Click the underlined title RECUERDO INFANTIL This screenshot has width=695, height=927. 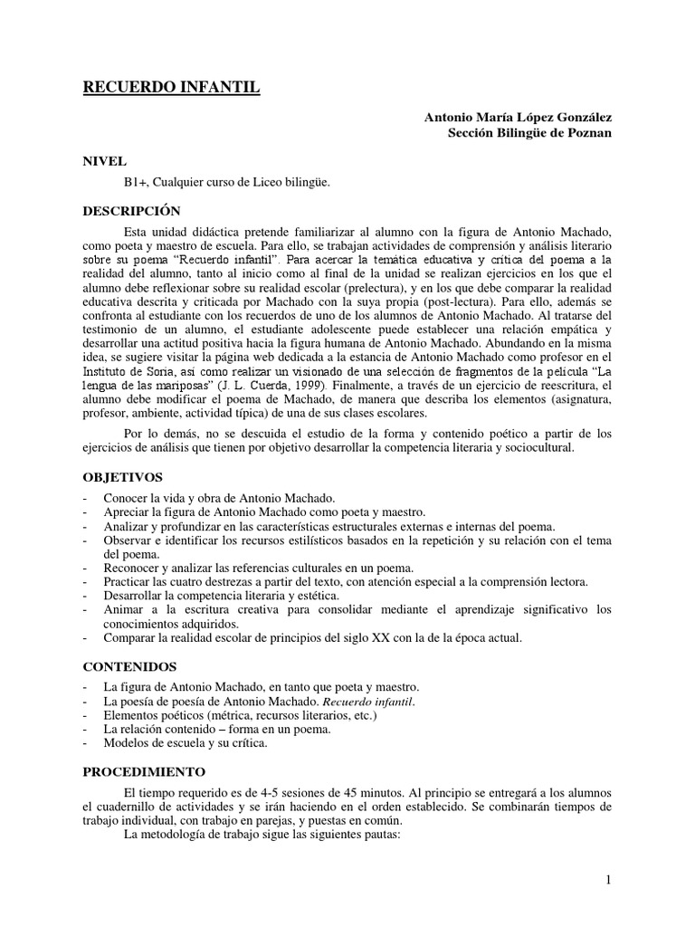click(171, 87)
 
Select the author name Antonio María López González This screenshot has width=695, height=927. click(518, 117)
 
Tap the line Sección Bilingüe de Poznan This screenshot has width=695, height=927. click(530, 132)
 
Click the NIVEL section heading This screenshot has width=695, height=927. click(105, 161)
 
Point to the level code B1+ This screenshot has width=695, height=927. click(123, 182)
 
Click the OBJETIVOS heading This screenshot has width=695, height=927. click(122, 476)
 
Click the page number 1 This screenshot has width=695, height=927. click(609, 881)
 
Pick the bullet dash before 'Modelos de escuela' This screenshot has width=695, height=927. click(85, 743)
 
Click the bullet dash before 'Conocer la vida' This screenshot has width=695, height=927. click(85, 499)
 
